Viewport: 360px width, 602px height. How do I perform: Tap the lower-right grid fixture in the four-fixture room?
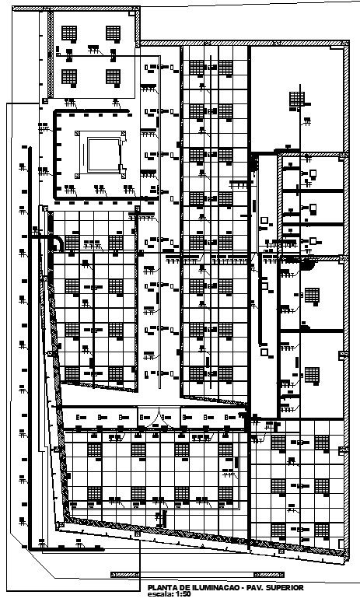click(x=114, y=77)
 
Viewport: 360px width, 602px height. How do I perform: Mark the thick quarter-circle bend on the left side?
click(x=57, y=244)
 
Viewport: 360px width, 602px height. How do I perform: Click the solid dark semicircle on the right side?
click(x=309, y=265)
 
